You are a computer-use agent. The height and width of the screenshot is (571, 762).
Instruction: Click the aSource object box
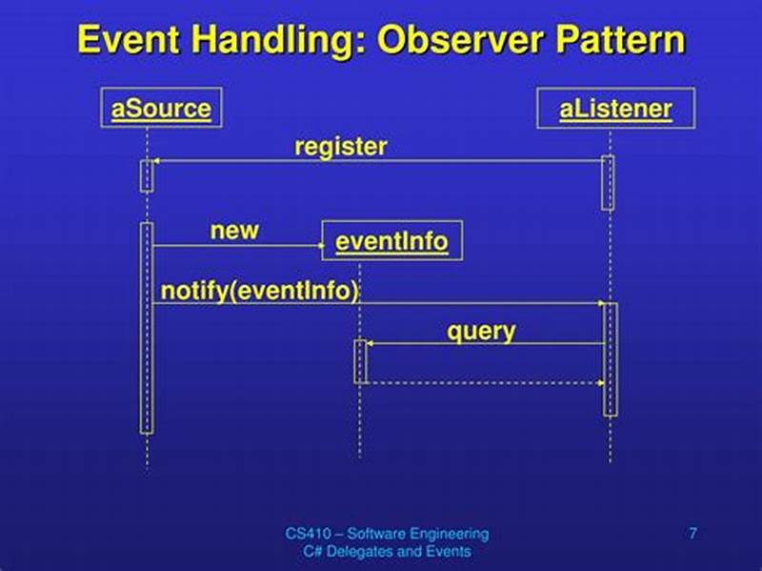[160, 108]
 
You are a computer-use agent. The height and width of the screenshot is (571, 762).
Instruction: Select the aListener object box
[615, 108]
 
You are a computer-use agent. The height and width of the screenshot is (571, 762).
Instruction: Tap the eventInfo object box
[391, 241]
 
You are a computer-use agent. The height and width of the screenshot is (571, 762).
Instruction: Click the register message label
[341, 147]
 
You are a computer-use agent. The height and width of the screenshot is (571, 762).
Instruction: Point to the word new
[234, 231]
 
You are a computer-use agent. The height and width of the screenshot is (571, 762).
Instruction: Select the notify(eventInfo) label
[260, 291]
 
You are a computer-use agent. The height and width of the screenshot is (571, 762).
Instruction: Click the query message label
[481, 331]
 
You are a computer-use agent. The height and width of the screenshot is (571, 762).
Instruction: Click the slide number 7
[692, 533]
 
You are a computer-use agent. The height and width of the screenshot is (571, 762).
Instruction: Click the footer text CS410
[310, 533]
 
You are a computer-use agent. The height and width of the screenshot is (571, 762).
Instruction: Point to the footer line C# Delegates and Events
[387, 551]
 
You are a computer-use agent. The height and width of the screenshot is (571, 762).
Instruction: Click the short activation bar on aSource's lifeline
[147, 175]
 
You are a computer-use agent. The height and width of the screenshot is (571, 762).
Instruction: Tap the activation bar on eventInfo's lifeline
[360, 361]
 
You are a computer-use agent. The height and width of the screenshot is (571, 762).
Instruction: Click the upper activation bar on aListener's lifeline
[608, 182]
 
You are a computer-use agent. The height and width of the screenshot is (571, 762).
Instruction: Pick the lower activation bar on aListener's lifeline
[611, 358]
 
